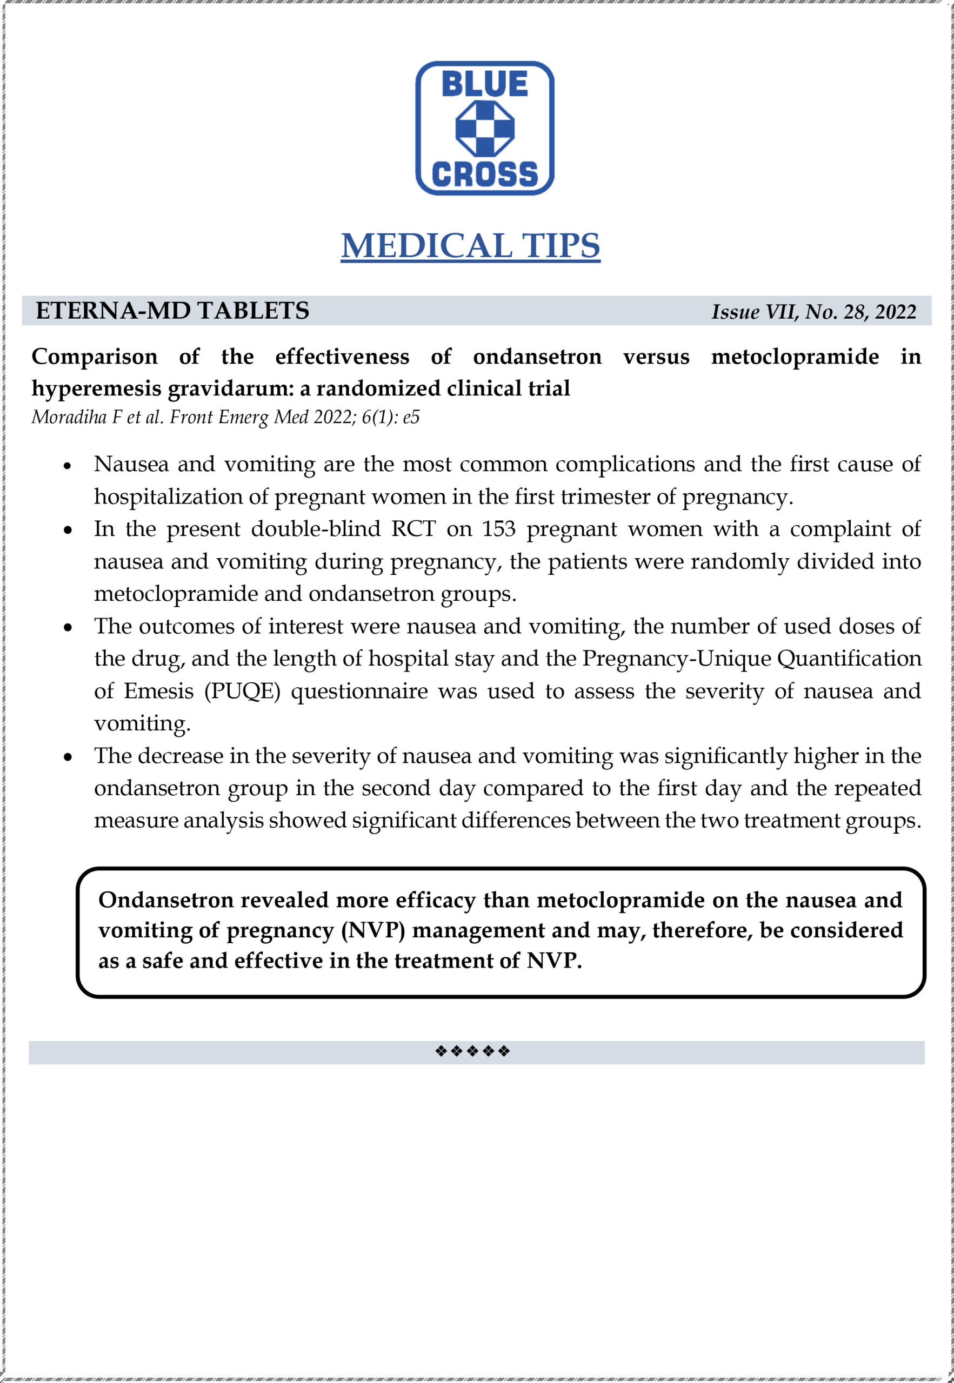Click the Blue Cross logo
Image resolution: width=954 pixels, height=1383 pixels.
coord(484,128)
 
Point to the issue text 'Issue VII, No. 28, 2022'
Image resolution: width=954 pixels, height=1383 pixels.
coord(813,312)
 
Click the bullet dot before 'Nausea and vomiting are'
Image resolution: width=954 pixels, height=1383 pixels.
coord(68,465)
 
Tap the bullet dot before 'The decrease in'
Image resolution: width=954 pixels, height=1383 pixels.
coord(68,757)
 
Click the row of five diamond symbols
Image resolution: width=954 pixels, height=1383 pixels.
coord(472,1051)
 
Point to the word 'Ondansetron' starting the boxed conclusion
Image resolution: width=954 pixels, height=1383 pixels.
coord(165,900)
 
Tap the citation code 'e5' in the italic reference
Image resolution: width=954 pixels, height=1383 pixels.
coord(411,417)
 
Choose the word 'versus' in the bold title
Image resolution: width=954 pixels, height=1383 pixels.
coord(656,357)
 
